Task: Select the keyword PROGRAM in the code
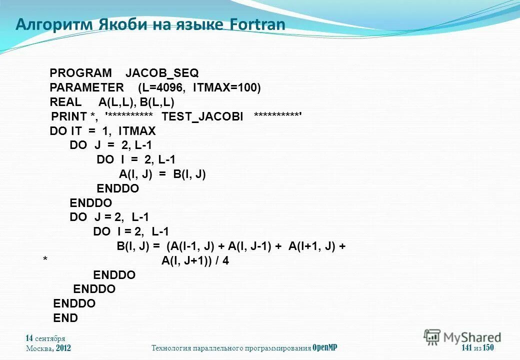[80, 73]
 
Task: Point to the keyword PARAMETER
[86, 88]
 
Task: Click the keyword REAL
[65, 102]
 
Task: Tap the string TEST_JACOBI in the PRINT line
[202, 117]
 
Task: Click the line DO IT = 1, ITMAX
[102, 131]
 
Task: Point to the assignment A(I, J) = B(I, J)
[162, 174]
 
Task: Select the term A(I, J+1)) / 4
[195, 261]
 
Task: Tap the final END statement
[65, 318]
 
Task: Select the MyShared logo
[462, 337]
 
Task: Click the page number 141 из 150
[477, 348]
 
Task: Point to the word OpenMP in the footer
[325, 348]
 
